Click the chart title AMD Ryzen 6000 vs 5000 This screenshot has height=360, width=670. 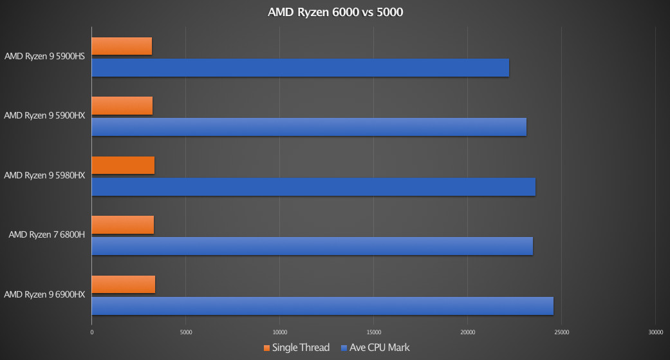pos(335,12)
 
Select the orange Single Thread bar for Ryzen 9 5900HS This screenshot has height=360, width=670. pos(122,46)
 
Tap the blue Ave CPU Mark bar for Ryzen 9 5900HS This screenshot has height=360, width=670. pos(300,68)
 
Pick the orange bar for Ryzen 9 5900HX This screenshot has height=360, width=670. pos(122,106)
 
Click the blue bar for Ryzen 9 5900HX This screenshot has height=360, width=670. pos(309,127)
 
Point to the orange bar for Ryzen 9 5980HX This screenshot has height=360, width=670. pos(123,166)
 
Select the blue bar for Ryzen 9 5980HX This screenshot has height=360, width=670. pos(313,187)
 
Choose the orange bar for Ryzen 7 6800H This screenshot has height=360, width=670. pos(122,225)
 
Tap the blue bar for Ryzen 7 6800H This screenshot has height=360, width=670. pos(312,246)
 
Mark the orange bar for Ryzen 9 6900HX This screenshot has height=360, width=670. pos(123,284)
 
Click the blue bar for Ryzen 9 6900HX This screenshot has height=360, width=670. pos(322,306)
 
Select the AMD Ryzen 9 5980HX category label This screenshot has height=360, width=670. pos(44,175)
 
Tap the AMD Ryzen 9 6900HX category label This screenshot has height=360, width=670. pos(44,294)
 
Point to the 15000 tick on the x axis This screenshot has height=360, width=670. pos(373,332)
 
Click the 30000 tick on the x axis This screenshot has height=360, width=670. pos(655,332)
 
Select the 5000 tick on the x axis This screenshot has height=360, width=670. pos(185,332)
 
